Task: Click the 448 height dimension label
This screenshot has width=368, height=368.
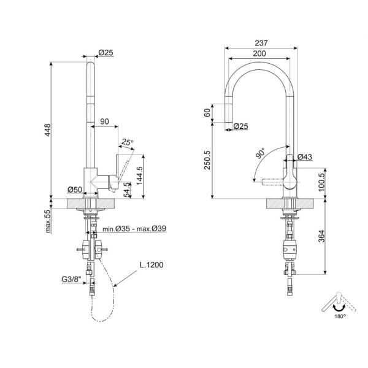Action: point(48,130)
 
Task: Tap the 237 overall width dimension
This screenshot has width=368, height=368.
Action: point(261,43)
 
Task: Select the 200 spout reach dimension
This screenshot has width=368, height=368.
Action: point(259,53)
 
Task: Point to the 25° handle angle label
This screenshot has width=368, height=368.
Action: point(127,142)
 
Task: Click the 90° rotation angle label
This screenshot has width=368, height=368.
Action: point(260,153)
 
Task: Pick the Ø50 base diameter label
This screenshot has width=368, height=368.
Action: point(75,190)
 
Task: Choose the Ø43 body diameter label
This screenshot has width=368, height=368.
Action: point(305,156)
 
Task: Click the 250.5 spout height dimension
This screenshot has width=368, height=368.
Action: point(208,160)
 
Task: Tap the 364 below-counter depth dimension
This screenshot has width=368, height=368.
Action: point(321,236)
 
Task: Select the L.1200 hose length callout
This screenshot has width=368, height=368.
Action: point(151,265)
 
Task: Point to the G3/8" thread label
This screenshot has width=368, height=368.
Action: point(71,279)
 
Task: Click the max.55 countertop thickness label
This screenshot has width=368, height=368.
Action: point(48,221)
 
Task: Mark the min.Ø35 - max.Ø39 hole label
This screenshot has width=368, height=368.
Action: point(134,228)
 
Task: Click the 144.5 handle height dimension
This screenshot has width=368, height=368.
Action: point(140,175)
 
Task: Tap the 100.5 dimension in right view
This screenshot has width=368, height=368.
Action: point(321,182)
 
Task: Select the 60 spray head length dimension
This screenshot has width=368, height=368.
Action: point(208,113)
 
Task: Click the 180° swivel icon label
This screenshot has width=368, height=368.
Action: point(340,316)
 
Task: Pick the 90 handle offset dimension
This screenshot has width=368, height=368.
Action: point(105,121)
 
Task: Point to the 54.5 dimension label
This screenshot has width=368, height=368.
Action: point(127,190)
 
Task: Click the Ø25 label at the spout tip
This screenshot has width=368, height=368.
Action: point(240,126)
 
